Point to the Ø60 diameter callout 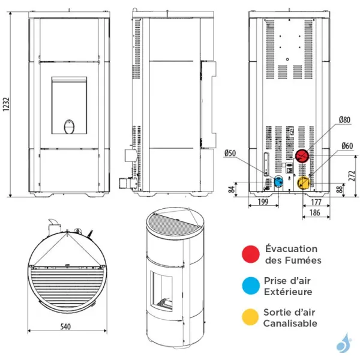click(346, 146)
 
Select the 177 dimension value click(316, 203)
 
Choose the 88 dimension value click(341, 190)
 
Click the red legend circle click(250, 254)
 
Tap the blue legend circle click(250, 286)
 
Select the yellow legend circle click(250, 318)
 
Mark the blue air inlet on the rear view click(278, 181)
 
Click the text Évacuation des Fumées click(293, 254)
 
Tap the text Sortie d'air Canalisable click(290, 318)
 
